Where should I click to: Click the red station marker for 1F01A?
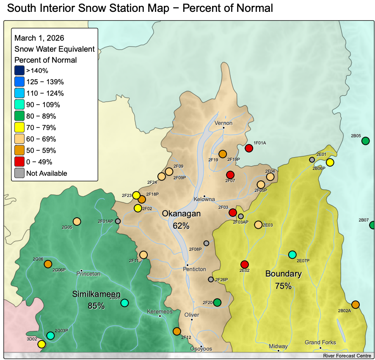click(x=249, y=148)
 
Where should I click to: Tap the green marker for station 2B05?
click(x=366, y=141)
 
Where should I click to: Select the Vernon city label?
click(x=224, y=123)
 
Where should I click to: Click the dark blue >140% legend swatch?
click(x=19, y=70)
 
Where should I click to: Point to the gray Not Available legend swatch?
click(x=19, y=173)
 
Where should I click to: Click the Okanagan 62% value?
click(x=181, y=226)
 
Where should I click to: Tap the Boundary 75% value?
click(x=283, y=286)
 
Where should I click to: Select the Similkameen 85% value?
click(x=97, y=305)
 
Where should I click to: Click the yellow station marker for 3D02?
click(x=41, y=344)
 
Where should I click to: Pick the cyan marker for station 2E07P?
click(x=292, y=255)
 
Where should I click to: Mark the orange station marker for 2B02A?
click(x=356, y=305)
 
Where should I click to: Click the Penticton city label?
click(x=194, y=269)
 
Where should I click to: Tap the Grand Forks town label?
click(x=320, y=342)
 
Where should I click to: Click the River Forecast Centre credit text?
click(x=347, y=356)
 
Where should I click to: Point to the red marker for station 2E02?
click(x=244, y=264)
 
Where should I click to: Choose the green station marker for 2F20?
click(x=217, y=302)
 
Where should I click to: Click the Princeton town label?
click(x=88, y=274)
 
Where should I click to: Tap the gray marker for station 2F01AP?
click(x=118, y=221)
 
